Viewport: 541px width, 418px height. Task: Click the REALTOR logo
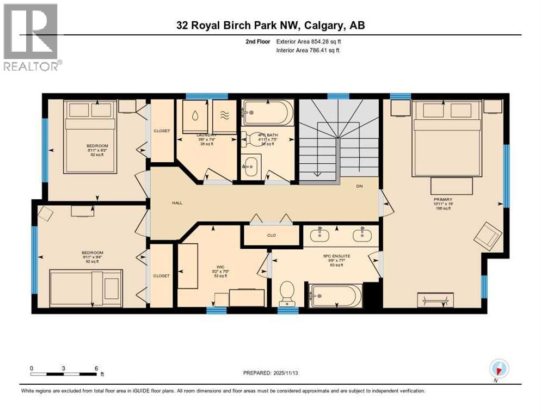coord(30,37)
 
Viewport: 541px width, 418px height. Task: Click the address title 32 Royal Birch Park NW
coord(270,26)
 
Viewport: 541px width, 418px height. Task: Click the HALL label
coord(177,203)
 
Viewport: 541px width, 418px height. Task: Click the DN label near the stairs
coord(359,186)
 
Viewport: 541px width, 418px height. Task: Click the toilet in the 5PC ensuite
coord(286,294)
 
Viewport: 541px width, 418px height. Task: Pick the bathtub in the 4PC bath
coord(268,113)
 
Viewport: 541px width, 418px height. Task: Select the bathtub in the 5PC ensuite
coord(335,297)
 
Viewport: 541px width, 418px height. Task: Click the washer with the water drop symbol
coord(194,115)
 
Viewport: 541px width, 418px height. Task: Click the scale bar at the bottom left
coord(64,374)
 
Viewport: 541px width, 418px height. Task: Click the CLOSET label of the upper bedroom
coord(162,131)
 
